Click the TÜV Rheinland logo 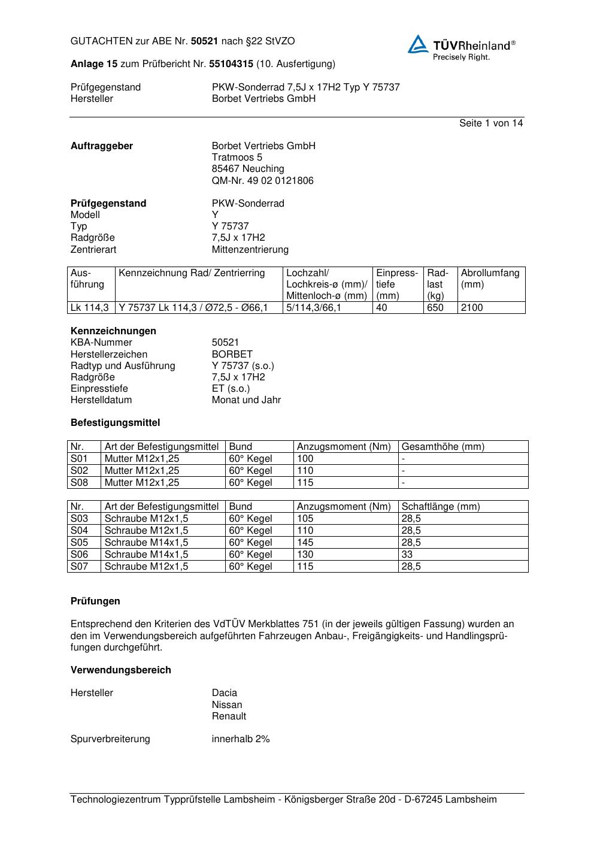[461, 47]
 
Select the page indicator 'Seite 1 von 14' [490, 123]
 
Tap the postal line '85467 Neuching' [248, 169]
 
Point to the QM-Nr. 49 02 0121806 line [262, 181]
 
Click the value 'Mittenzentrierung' [250, 250]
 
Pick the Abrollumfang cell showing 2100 [472, 308]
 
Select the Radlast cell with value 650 [435, 308]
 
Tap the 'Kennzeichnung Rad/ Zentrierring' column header [192, 274]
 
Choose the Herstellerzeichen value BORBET [232, 355]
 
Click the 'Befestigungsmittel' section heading [115, 423]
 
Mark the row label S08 [79, 483]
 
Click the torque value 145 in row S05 [305, 543]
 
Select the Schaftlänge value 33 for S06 [407, 555]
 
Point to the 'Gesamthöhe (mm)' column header [443, 447]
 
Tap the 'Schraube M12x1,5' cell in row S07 [146, 567]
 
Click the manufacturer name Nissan [227, 705]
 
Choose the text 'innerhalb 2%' [241, 739]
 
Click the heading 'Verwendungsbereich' [120, 670]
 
